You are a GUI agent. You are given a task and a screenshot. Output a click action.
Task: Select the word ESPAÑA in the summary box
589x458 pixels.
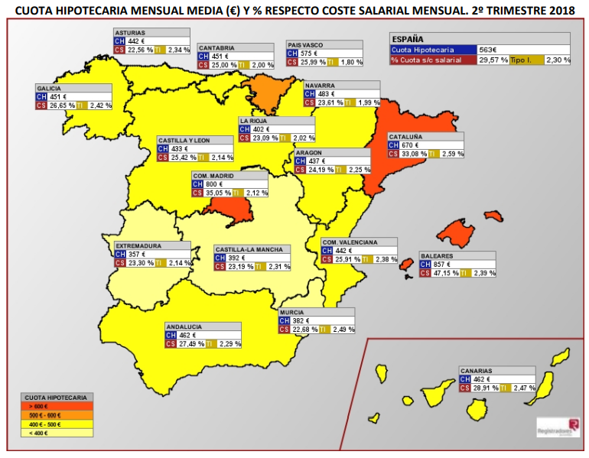(408, 39)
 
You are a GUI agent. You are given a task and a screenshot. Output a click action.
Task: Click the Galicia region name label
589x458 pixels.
(49, 88)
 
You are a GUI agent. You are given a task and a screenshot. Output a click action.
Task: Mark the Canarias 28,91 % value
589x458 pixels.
(486, 388)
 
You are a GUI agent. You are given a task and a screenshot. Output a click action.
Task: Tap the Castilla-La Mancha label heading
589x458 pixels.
(249, 249)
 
